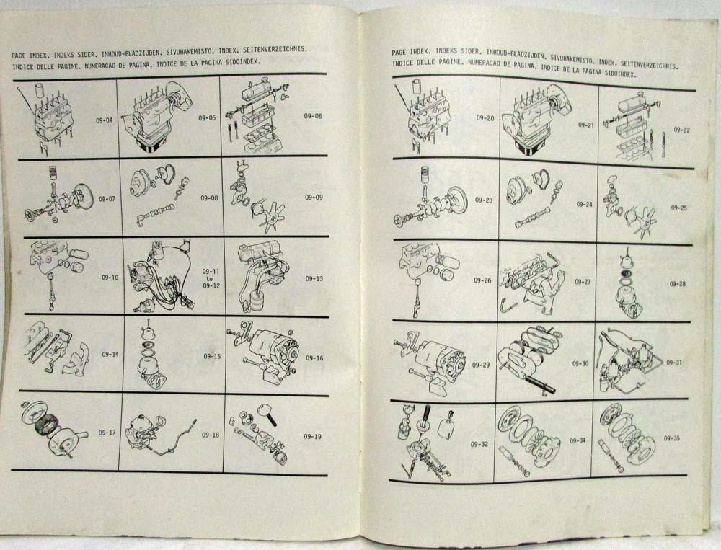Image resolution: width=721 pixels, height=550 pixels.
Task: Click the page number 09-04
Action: pos(105,121)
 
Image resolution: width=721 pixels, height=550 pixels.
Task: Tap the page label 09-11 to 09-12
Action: pos(211,278)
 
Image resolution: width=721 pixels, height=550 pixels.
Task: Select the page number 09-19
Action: pos(312,436)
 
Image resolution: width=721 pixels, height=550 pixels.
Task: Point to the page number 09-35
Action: pos(672,438)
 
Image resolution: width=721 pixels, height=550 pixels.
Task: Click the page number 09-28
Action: pos(677,284)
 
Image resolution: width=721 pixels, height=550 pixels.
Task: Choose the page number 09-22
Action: pos(682,130)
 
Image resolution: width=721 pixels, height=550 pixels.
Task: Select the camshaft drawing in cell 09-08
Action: pos(156,216)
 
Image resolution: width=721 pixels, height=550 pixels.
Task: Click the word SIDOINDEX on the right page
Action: pos(621,73)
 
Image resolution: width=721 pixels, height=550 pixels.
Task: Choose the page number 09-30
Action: pos(580,364)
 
